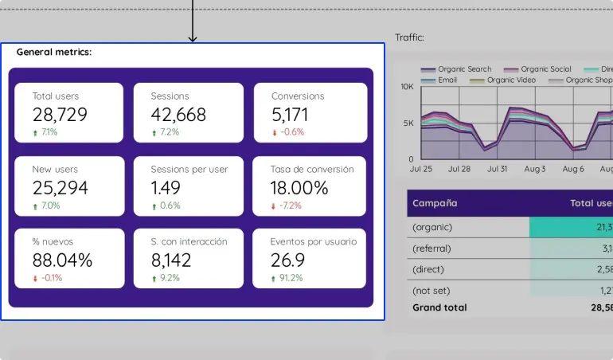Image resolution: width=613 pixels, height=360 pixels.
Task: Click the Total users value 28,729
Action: pyautogui.click(x=60, y=115)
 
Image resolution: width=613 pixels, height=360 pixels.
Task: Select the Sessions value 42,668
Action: pyautogui.click(x=178, y=115)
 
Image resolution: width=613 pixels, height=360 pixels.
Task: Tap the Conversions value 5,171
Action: pyautogui.click(x=290, y=115)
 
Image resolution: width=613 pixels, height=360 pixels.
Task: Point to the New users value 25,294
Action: pyautogui.click(x=61, y=188)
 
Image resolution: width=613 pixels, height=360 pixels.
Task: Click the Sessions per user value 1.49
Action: pyautogui.click(x=166, y=188)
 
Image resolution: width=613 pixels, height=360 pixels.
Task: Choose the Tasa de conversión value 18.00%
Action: pyautogui.click(x=299, y=188)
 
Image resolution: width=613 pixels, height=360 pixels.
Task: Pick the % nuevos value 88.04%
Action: pyautogui.click(x=62, y=260)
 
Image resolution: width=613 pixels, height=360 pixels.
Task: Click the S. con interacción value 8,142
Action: pyautogui.click(x=171, y=260)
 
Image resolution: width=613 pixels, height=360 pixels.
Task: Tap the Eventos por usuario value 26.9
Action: pyautogui.click(x=287, y=260)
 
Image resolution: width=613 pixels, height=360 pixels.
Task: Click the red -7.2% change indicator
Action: pyautogui.click(x=287, y=205)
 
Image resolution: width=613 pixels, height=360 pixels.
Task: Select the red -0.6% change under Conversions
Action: pyautogui.click(x=287, y=132)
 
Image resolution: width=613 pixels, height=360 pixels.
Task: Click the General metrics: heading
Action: pyautogui.click(x=54, y=52)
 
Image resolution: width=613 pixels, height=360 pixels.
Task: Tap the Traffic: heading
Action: pyautogui.click(x=409, y=37)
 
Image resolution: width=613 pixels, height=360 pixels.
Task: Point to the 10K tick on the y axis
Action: pyautogui.click(x=407, y=86)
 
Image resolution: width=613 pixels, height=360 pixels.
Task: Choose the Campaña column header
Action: pyautogui.click(x=434, y=203)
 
